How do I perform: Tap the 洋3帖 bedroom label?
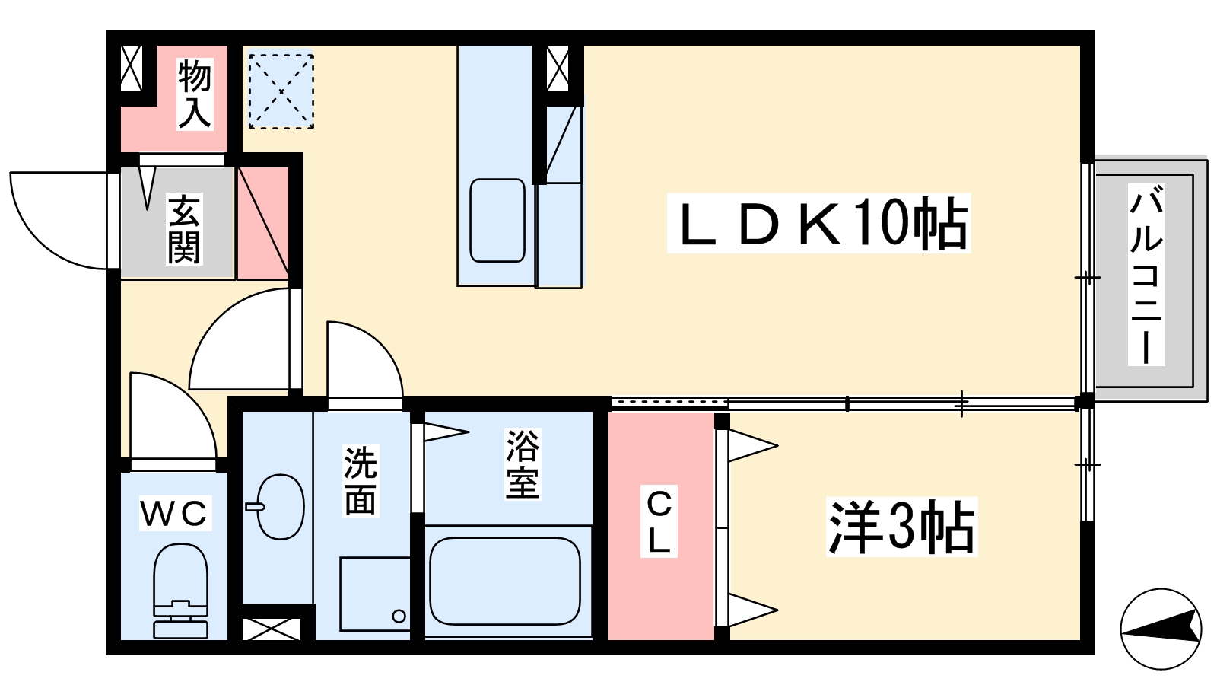tap(901, 527)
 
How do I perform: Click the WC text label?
tap(174, 514)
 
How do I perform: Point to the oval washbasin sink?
tap(279, 507)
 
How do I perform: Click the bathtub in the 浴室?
tap(505, 581)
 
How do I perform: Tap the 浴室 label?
tap(523, 464)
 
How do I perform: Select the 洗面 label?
tap(361, 481)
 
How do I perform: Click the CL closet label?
tap(659, 521)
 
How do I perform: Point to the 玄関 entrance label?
tap(184, 229)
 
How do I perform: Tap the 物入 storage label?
tap(195, 94)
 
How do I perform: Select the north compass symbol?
tap(1161, 629)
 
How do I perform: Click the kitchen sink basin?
tap(497, 221)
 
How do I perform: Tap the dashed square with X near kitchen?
tap(281, 91)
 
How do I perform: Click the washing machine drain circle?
tap(399, 616)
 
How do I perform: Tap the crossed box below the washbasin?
tap(272, 629)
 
